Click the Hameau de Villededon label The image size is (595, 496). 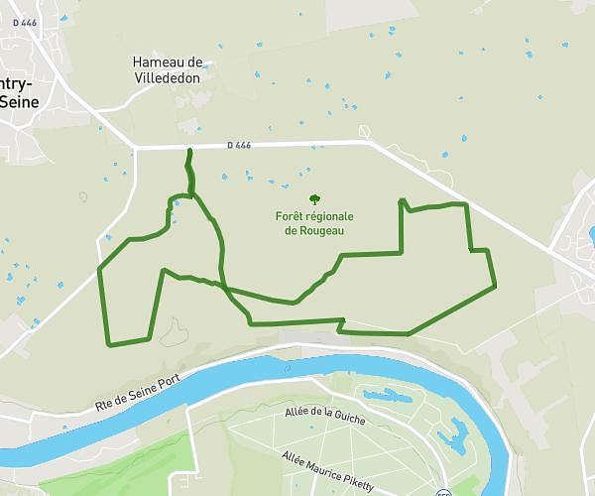[168, 68]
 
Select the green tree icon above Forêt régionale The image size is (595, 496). [314, 198]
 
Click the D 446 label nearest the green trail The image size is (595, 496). [239, 146]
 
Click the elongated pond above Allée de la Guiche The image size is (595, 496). [388, 396]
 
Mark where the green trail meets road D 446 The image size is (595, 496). [189, 150]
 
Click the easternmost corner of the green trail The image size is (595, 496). [494, 286]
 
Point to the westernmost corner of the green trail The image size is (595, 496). [98, 269]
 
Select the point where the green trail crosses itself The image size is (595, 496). [224, 289]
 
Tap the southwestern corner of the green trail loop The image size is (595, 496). [108, 345]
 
